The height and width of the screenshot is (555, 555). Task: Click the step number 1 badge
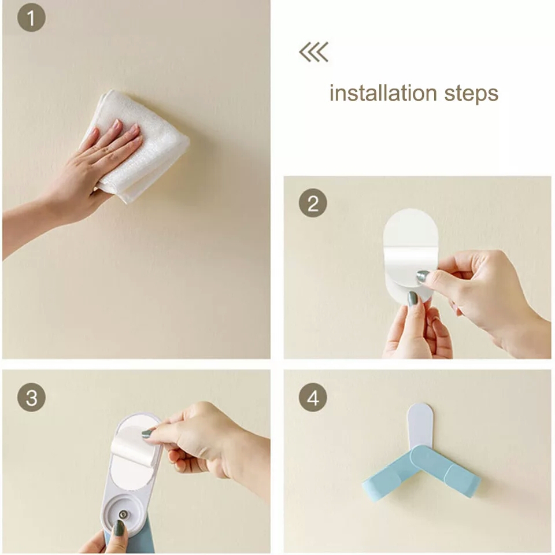pyautogui.click(x=31, y=18)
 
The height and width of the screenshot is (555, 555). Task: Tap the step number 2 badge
pyautogui.click(x=313, y=203)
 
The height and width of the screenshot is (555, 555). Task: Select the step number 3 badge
pyautogui.click(x=31, y=397)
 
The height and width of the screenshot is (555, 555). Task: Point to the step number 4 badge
pyautogui.click(x=313, y=397)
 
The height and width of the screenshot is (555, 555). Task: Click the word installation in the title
pyautogui.click(x=383, y=93)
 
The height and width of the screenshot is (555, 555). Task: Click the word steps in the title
pyautogui.click(x=471, y=94)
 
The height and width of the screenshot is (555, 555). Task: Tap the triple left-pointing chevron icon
pyautogui.click(x=314, y=52)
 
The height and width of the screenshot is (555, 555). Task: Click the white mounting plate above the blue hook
pyautogui.click(x=420, y=427)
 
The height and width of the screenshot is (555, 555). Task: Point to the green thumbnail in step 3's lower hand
pyautogui.click(x=119, y=527)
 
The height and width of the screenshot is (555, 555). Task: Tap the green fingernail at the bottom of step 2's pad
pyautogui.click(x=413, y=299)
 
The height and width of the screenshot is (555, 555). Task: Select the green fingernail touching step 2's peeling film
pyautogui.click(x=422, y=276)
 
